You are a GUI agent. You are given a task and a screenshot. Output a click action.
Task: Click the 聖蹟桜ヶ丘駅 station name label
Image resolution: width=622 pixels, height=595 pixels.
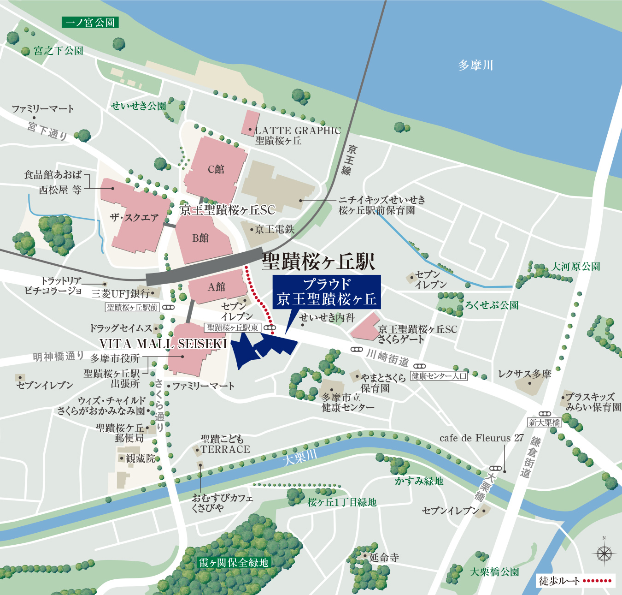coord(318,262)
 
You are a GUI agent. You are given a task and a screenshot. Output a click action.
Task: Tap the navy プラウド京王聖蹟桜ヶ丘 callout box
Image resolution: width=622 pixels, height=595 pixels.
coord(327,292)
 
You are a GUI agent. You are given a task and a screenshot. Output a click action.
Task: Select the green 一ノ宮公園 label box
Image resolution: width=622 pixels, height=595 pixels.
coord(90,22)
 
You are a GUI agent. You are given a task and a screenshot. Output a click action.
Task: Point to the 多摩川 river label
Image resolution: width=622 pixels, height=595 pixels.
coord(475,65)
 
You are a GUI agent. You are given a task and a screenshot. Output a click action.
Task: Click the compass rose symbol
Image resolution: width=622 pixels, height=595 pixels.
coord(604,553)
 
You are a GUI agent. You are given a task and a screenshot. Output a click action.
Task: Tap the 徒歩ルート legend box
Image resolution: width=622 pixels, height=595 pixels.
coord(575,581)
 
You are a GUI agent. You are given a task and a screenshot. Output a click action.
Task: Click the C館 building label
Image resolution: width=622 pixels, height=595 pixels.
coord(216,169)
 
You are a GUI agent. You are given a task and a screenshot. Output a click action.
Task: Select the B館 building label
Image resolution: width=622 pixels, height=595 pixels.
coord(200,238)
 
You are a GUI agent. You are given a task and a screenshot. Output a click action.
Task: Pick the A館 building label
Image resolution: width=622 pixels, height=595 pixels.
coord(216,287)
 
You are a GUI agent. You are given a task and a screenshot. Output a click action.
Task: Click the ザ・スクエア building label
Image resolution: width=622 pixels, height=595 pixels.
coord(134,218)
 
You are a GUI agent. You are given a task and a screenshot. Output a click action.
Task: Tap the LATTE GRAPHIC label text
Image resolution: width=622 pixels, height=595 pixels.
coord(298,131)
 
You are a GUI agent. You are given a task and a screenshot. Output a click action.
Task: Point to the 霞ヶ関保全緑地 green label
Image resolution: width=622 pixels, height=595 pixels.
coord(234,563)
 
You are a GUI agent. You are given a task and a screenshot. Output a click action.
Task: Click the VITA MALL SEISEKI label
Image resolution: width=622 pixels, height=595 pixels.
coord(163,344)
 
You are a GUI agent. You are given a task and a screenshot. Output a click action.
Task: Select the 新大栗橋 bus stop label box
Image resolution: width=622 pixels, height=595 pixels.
coord(545,422)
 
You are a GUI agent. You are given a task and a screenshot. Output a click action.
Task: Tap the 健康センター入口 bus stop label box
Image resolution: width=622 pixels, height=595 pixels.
coord(439,376)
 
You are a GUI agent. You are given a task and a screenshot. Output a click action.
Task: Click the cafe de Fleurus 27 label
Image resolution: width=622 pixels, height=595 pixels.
coord(481,438)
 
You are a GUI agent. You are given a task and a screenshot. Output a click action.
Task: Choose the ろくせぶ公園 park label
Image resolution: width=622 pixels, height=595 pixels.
coord(492,305)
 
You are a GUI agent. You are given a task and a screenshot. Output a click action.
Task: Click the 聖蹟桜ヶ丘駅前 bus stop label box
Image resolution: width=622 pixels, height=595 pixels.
coord(132,307)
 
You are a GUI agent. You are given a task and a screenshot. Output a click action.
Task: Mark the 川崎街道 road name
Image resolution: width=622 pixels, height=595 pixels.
coord(387,357)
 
